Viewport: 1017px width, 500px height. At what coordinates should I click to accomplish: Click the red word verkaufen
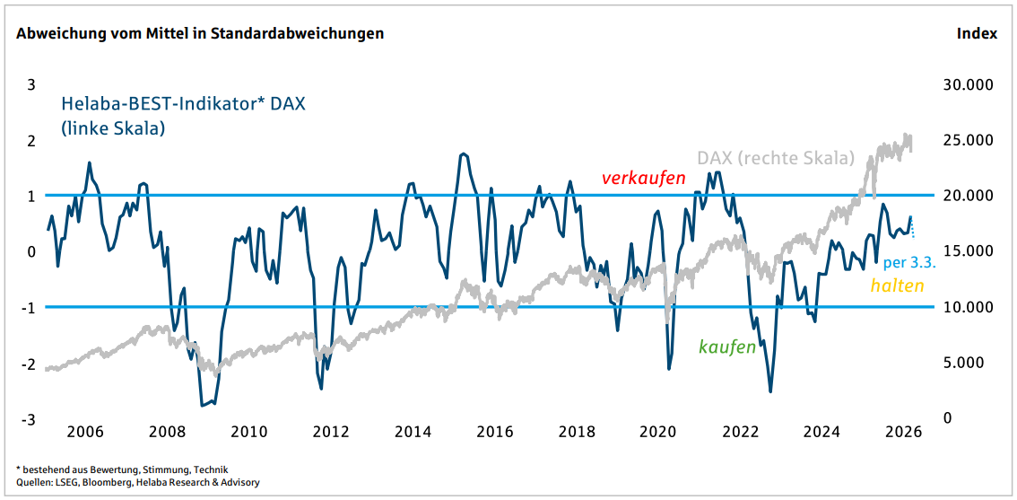pos(643,179)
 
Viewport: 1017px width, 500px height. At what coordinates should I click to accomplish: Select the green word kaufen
pos(727,347)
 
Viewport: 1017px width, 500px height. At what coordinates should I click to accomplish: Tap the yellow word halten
pos(897,285)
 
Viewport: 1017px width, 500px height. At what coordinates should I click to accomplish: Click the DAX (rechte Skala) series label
pos(776,159)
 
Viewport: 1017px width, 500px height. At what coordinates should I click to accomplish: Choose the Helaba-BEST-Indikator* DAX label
pos(183,104)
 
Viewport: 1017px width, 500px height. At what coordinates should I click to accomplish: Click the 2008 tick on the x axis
pos(167,432)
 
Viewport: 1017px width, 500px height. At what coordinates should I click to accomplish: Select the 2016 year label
pos(494,432)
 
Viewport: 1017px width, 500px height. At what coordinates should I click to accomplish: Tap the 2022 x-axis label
pos(741,432)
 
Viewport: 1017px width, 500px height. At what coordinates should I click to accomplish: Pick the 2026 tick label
pos(903,432)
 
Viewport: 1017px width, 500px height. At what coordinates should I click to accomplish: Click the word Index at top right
pos(978,33)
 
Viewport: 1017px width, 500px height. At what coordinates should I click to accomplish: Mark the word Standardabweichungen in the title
pos(308,33)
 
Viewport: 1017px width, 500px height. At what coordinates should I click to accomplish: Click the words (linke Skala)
pos(113,128)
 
